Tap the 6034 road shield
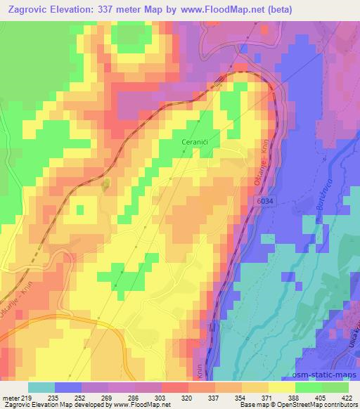point(257,202)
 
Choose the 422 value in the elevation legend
point(347,398)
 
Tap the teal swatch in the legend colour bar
point(41,387)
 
